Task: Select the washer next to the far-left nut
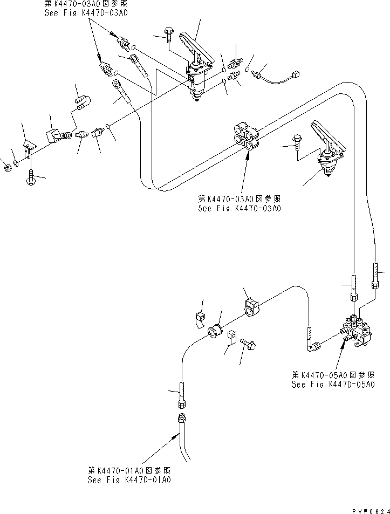pos(16,162)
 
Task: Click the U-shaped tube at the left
pos(83,102)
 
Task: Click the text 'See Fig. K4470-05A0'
pos(333,385)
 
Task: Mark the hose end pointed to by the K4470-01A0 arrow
pos(180,420)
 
